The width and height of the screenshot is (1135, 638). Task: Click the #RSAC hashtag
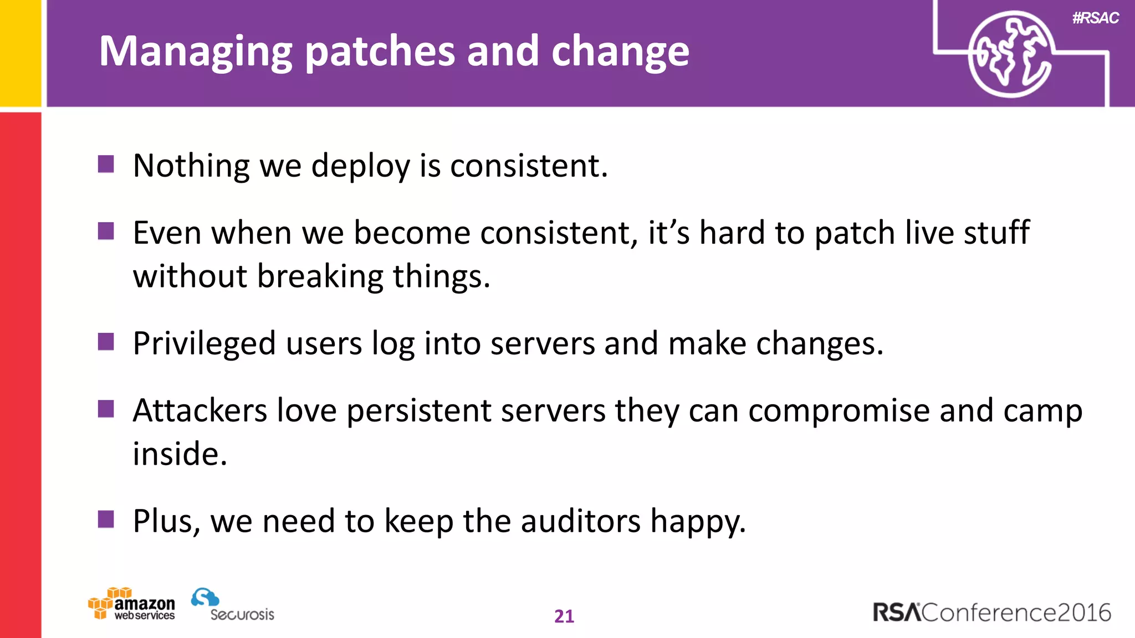coord(1095,18)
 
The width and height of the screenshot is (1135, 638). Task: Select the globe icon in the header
coord(1010,54)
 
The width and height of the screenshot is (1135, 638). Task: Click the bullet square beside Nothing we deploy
coord(106,164)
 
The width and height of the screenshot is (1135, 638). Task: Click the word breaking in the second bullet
coord(320,276)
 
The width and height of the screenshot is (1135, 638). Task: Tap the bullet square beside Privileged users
coord(106,342)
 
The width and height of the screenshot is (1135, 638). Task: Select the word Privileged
coord(204,344)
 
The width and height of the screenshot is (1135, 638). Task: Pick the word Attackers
coord(200,410)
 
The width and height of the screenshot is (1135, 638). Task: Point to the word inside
coord(180,454)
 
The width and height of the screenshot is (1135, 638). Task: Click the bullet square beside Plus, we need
coord(106,519)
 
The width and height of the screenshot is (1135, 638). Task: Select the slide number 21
coord(564,616)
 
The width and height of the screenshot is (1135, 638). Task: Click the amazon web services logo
coord(132,605)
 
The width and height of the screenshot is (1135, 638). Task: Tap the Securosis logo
coord(233,605)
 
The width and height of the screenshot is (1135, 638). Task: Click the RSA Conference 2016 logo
coord(991,613)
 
